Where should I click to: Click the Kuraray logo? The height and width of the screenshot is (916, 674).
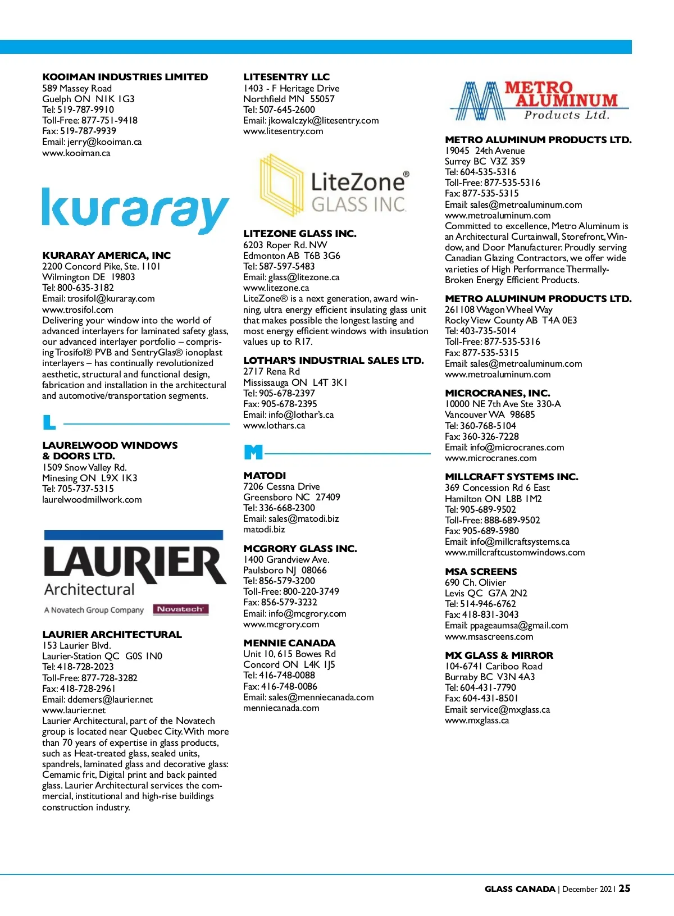135,211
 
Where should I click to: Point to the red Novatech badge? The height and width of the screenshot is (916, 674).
180,609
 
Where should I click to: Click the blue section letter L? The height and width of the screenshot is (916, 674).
49,422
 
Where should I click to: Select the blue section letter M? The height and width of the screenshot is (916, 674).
253,452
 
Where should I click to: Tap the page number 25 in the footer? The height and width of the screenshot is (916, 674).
624,888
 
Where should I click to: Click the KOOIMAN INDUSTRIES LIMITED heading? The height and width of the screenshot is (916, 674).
125,77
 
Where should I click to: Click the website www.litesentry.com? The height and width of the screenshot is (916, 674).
283,131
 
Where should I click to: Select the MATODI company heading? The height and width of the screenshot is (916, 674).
265,476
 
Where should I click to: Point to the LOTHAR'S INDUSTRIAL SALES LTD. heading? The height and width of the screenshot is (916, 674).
334,361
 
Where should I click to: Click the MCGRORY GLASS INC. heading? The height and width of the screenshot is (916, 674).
300,549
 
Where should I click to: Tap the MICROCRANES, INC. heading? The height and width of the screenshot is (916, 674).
497,393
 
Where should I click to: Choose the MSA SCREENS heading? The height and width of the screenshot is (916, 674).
481,572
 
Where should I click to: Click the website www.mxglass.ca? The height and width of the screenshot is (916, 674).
477,721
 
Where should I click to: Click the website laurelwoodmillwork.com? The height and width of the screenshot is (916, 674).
92,500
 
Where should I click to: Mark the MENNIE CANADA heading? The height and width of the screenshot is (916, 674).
289,643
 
